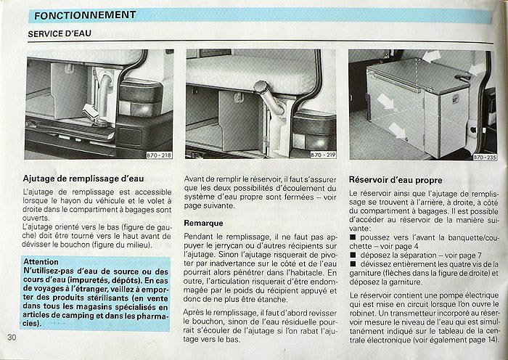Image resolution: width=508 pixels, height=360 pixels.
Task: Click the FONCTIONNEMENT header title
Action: pos(85,15)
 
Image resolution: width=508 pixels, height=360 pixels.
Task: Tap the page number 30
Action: pos(12,337)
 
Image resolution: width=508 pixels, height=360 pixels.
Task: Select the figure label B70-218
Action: pos(158,155)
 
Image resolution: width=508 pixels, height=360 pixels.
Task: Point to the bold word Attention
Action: pos(41,261)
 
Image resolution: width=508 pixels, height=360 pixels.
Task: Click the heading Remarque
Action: pos(203,223)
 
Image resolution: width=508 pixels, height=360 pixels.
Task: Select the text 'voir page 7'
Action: pos(442,255)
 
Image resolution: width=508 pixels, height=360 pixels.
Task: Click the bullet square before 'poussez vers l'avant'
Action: pos(352,237)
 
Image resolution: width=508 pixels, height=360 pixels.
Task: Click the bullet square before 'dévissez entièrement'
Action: pos(352,265)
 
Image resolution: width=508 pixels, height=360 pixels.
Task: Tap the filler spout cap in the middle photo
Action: pos(261,88)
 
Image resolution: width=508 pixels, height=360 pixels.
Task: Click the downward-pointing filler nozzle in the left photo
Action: pos(91,112)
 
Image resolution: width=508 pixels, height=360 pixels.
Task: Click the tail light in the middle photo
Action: pos(313,127)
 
